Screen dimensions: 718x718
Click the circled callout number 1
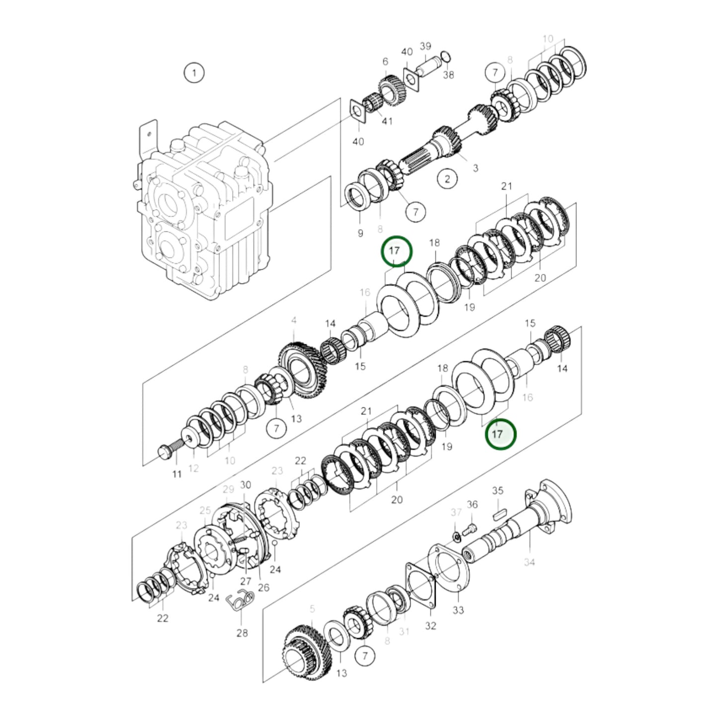(194, 73)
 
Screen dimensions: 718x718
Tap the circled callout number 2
(447, 178)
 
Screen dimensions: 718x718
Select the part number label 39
(425, 46)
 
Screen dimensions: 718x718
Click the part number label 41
(387, 121)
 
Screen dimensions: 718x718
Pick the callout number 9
(360, 233)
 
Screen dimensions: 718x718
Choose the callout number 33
(458, 610)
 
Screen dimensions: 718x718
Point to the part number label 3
(476, 168)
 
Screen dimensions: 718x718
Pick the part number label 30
(245, 485)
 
